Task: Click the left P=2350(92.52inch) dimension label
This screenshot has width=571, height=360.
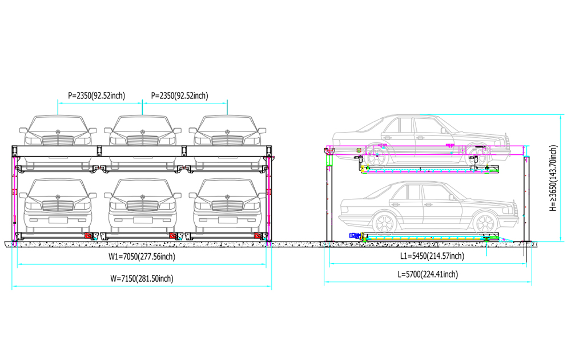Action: tap(96, 95)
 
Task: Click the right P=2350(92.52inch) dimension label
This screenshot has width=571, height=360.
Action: tap(179, 95)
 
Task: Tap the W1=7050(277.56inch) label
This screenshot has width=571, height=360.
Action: tap(142, 257)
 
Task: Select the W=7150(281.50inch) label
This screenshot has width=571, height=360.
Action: tap(142, 278)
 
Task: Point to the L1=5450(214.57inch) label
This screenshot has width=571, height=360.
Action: tap(432, 256)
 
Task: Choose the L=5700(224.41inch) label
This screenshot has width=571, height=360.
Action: tap(428, 274)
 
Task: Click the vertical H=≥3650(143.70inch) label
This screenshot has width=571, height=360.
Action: tap(553, 178)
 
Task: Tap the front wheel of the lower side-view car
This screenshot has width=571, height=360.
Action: tap(485, 223)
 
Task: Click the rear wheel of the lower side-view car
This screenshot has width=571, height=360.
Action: tap(384, 223)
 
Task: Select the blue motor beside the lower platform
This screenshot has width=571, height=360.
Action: tap(354, 235)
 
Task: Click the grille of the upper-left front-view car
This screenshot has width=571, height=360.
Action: tap(58, 140)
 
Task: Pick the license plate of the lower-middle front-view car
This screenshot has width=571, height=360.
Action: tap(143, 220)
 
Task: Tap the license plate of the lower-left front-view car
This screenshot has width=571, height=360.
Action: tap(58, 220)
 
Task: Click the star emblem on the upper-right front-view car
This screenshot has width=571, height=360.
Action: tap(227, 132)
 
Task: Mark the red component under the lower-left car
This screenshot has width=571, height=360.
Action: tap(88, 235)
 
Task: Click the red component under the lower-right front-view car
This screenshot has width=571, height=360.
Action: tap(258, 235)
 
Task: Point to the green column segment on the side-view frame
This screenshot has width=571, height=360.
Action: tap(329, 161)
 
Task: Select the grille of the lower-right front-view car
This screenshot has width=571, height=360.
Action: tap(227, 206)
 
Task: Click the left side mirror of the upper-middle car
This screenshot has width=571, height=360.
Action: tap(108, 130)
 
